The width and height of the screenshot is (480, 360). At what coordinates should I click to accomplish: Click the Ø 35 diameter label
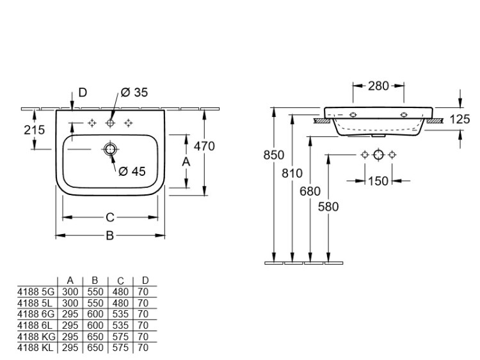tap(134, 93)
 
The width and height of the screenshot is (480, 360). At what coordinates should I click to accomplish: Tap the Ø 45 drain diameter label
tap(133, 171)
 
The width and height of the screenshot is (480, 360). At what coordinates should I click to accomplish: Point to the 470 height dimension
tap(204, 146)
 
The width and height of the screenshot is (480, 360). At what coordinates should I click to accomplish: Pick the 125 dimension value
tap(460, 120)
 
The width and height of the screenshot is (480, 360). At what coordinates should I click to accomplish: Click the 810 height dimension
tap(292, 172)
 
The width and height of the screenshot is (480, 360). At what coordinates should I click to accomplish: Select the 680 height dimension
tap(310, 190)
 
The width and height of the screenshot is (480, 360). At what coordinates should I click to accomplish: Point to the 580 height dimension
tap(328, 207)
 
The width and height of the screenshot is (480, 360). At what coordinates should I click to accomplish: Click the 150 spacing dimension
tap(378, 181)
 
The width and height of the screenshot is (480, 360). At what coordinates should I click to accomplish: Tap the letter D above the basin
tap(83, 93)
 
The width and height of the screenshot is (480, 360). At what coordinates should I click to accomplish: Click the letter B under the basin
tap(109, 236)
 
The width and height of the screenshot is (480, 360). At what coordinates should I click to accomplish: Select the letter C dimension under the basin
tap(109, 217)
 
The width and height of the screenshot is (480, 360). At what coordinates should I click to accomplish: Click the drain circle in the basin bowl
tap(111, 150)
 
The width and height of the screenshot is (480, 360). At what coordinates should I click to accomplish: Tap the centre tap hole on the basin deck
tap(111, 123)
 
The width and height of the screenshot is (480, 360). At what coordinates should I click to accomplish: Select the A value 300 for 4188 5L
tap(70, 302)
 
